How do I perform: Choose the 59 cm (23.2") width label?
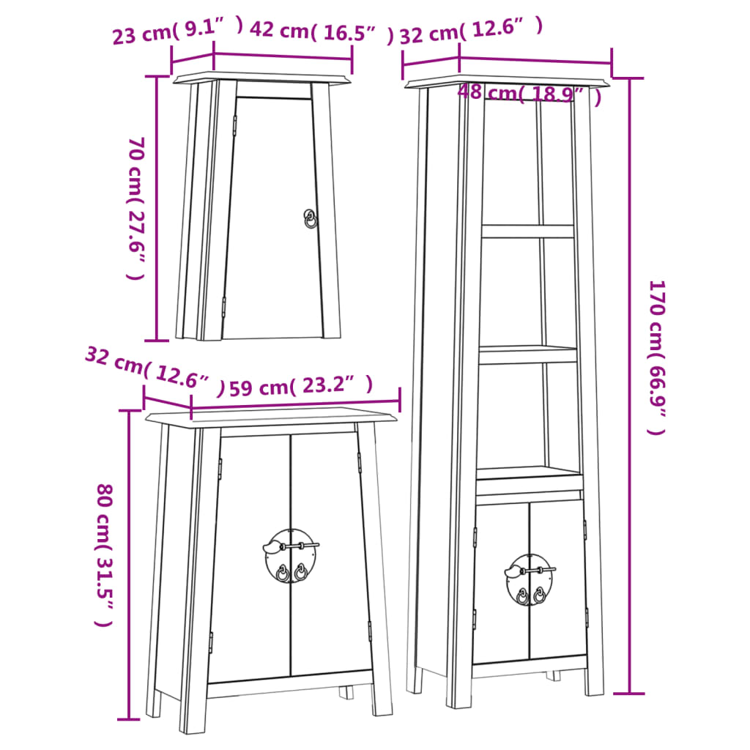pos(300,386)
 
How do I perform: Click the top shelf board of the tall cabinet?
pos(527,231)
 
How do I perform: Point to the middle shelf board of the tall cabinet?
pos(527,354)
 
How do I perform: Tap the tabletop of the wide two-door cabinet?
pos(271,417)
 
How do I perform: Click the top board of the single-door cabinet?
pos(261,77)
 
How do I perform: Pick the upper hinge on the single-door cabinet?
pos(234,125)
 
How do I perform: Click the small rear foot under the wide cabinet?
pos(346,692)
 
